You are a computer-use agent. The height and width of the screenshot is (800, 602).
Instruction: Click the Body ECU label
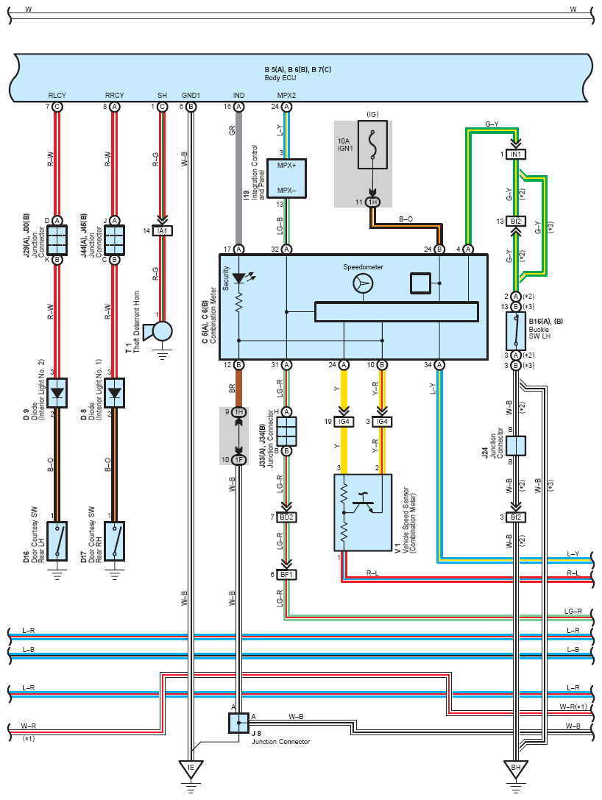(x=280, y=78)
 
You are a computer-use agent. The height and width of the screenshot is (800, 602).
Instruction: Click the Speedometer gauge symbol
(x=363, y=283)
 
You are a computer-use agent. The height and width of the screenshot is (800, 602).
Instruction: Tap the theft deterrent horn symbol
(x=157, y=332)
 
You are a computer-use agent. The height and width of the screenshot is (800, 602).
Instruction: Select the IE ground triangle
(x=191, y=769)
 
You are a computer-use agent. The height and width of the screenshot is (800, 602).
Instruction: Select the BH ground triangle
(x=516, y=769)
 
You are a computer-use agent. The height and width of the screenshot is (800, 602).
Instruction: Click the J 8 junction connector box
(x=238, y=723)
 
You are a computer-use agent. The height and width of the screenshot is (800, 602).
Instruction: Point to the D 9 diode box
(x=57, y=393)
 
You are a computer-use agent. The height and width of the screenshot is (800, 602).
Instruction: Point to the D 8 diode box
(x=115, y=393)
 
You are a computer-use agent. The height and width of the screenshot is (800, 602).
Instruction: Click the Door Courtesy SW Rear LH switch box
(x=57, y=541)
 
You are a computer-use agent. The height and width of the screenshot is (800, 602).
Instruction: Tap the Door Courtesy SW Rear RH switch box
(x=115, y=541)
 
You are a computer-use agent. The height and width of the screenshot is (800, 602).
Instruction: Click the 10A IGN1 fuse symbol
(x=372, y=144)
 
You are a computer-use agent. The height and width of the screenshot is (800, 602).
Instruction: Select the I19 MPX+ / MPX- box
(x=287, y=178)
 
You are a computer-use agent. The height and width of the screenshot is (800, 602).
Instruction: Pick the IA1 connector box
(x=162, y=231)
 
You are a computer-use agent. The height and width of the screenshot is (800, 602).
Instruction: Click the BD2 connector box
(x=287, y=517)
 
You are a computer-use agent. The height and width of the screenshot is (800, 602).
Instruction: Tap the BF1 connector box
(x=287, y=575)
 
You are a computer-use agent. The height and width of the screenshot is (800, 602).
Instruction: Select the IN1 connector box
(x=516, y=154)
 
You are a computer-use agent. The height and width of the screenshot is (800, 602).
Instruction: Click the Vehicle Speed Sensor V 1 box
(x=363, y=512)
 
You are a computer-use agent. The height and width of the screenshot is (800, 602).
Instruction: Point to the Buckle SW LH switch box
(x=516, y=330)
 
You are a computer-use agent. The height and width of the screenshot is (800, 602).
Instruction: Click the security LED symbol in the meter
(x=238, y=279)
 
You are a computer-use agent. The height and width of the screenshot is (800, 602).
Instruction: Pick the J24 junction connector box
(x=516, y=445)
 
